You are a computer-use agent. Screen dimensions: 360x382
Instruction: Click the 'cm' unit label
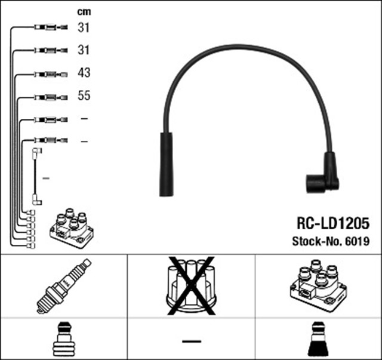84,11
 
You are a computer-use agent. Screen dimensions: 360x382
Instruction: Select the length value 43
84,73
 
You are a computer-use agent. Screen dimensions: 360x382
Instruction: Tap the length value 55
84,96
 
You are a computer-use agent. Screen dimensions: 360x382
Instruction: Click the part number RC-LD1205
333,223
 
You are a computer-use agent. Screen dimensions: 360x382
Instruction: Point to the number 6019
357,242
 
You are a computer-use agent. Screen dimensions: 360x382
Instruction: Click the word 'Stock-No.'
316,242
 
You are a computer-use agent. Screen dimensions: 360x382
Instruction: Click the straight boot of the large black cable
165,164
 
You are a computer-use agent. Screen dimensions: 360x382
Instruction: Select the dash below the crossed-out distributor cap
191,341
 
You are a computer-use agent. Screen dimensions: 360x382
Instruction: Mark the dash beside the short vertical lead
47,178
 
